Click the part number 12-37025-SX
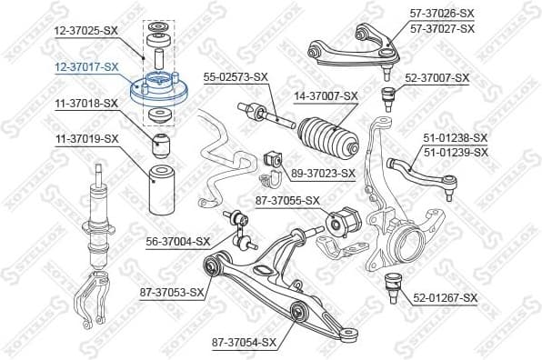point(86,31)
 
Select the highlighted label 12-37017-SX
point(86,66)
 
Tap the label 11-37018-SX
point(86,104)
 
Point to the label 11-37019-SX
point(86,138)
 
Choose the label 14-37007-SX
point(326,95)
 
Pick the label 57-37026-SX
point(442,14)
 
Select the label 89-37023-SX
point(322,172)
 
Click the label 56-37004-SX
point(178,242)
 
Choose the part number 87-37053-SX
point(172,292)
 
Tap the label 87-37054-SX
point(243,342)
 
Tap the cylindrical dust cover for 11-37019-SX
point(160,185)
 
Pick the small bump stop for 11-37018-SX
point(161,141)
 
